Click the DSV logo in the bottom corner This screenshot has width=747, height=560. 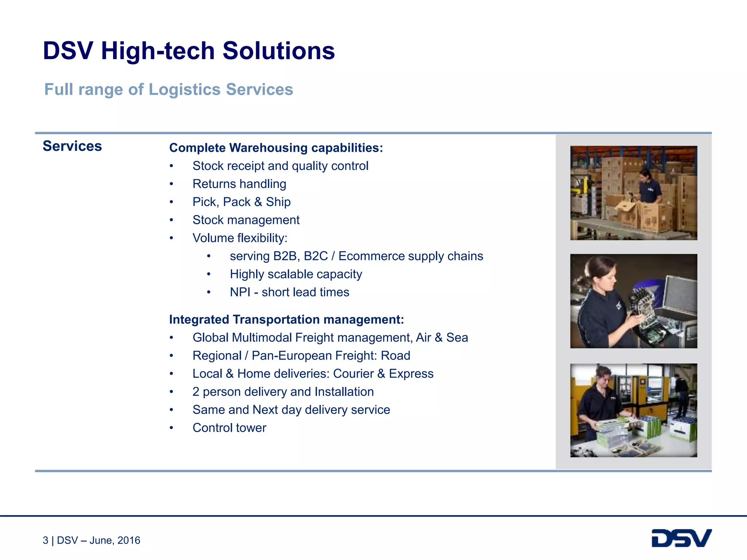coord(681,538)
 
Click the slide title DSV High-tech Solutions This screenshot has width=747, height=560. coord(189,51)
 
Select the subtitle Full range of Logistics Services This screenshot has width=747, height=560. coord(169,90)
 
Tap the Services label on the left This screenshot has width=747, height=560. coord(72,146)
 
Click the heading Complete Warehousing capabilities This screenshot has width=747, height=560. coord(276,148)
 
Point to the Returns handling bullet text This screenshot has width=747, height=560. coord(239,184)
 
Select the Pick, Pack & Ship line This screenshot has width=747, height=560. coord(241,202)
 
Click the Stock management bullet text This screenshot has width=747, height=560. coord(246,220)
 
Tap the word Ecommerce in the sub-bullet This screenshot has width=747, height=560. coord(369,256)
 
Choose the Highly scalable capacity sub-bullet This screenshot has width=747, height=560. coord(296,274)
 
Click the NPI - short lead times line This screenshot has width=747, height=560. coord(289,292)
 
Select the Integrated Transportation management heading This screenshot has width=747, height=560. coord(286,320)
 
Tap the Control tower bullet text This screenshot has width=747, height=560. coord(229,428)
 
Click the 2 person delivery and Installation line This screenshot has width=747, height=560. coord(283,392)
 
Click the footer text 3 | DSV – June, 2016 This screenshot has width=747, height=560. coord(92,540)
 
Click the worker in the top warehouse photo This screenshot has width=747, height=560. coord(649,186)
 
